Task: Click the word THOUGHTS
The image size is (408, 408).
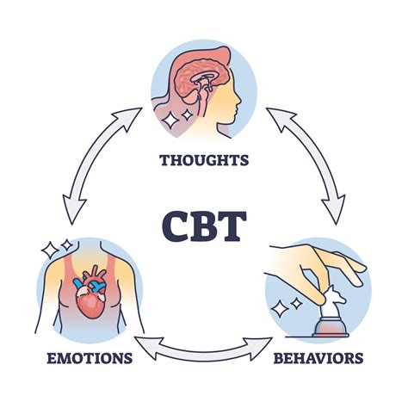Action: click(204, 159)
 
